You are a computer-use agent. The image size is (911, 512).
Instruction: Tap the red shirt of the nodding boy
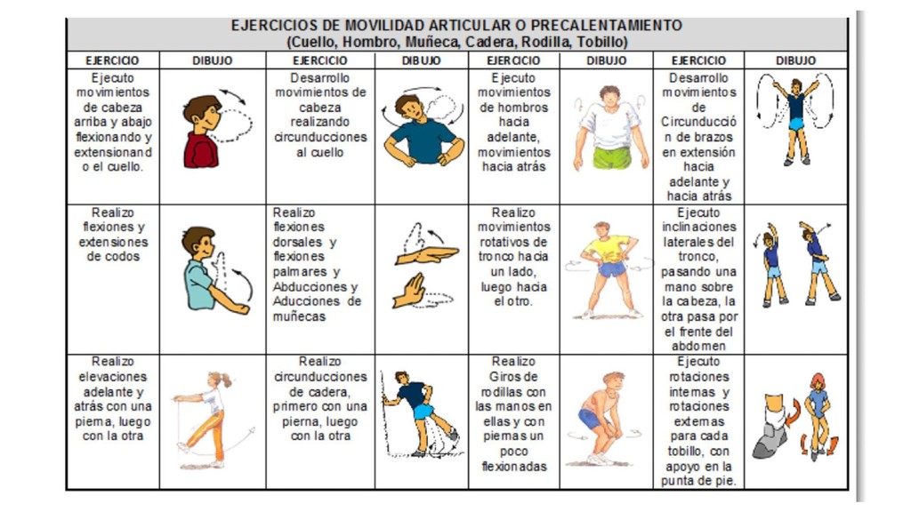(201, 149)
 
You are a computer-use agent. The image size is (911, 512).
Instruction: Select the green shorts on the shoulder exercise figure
(611, 157)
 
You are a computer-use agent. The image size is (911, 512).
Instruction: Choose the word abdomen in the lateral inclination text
(699, 347)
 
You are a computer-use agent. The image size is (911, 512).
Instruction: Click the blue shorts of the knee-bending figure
(592, 419)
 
